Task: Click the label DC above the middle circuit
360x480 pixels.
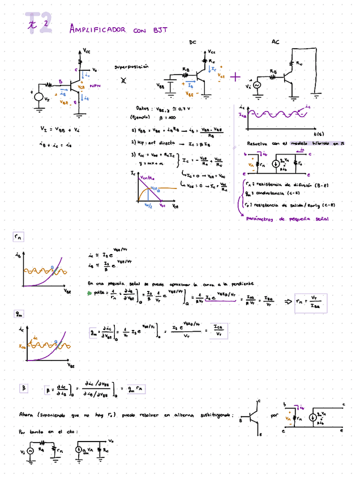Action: (x=192, y=42)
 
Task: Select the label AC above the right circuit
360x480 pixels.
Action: (x=275, y=42)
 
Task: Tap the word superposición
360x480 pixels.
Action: (x=131, y=66)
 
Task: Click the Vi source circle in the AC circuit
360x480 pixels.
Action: (x=256, y=85)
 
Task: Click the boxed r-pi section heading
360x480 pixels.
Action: (x=18, y=237)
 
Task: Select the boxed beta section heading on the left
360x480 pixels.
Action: (x=24, y=388)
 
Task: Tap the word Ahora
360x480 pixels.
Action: (x=25, y=415)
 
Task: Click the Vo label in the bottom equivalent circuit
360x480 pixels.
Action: (x=112, y=440)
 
